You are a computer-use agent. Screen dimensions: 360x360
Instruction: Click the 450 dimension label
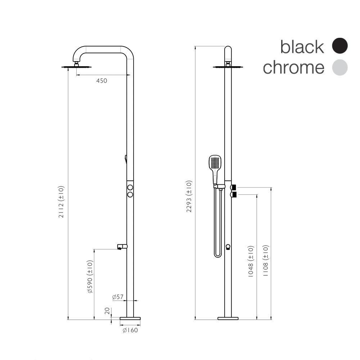(x=102, y=81)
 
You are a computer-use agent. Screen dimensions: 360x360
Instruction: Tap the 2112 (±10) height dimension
(x=61, y=202)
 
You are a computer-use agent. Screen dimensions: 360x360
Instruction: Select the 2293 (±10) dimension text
(x=189, y=196)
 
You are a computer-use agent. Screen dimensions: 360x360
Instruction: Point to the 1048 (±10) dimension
(x=251, y=261)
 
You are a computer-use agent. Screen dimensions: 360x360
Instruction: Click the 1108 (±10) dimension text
(x=266, y=261)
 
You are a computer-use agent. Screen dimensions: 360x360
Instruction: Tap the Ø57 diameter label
(x=118, y=297)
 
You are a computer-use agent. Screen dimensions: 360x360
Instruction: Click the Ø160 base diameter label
(x=130, y=330)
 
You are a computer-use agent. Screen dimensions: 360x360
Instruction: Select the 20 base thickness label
(x=107, y=311)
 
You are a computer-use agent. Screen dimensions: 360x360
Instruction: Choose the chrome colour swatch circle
(x=340, y=68)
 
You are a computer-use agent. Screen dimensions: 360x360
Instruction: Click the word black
(x=302, y=47)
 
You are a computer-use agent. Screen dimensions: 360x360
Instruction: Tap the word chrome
(x=293, y=68)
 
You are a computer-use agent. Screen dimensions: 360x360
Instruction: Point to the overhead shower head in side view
(x=77, y=67)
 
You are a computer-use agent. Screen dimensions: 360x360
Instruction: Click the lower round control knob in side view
(x=130, y=194)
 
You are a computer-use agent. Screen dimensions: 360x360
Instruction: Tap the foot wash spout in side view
(x=122, y=247)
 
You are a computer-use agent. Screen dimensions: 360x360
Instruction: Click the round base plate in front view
(x=228, y=318)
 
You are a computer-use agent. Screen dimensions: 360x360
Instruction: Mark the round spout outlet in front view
(x=228, y=247)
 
